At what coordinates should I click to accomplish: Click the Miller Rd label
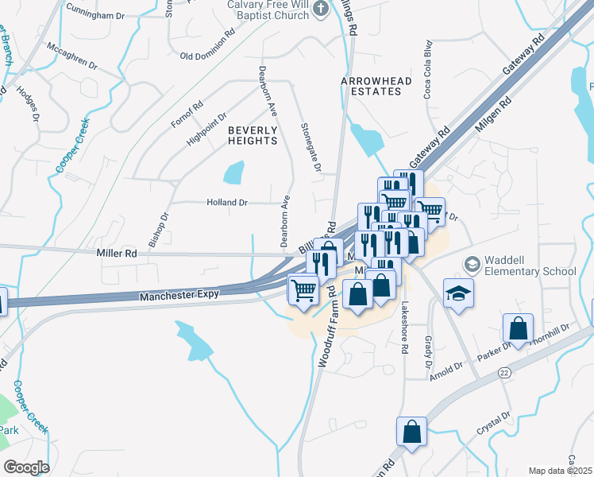coord(116,253)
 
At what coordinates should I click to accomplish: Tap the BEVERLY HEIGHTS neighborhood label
coord(253,135)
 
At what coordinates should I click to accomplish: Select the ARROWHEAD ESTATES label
coord(371,86)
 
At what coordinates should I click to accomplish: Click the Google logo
coord(26,467)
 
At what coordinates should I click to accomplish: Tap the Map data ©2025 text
coord(561,471)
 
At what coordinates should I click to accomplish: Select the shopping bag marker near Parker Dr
coord(518,328)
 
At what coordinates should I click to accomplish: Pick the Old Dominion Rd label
coord(208,56)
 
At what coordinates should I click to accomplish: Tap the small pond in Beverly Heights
coord(233,172)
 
